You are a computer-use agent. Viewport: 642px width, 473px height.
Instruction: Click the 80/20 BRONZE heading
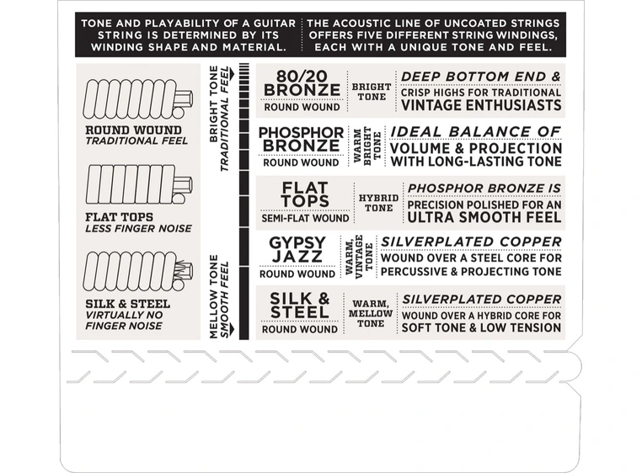[x=302, y=82]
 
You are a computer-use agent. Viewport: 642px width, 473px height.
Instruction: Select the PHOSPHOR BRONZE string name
[x=302, y=139]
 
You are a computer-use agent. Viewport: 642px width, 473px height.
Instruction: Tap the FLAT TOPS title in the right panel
[x=306, y=194]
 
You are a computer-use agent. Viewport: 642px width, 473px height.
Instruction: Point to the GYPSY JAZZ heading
[x=297, y=250]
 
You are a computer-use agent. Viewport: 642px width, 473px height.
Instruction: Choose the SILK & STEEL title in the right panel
[x=300, y=306]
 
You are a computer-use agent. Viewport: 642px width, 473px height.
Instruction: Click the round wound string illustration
[x=137, y=99]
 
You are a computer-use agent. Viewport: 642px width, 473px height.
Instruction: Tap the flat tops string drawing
[x=138, y=185]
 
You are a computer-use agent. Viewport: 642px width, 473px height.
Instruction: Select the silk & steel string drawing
[x=137, y=272]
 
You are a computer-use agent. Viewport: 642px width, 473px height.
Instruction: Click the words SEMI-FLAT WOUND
[x=306, y=218]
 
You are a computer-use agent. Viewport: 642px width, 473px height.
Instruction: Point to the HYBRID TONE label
[x=379, y=203]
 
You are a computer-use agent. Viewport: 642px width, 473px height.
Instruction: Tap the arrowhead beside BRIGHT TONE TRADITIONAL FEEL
[x=233, y=75]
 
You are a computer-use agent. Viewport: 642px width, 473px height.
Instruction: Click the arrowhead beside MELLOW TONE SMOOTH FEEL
[x=233, y=329]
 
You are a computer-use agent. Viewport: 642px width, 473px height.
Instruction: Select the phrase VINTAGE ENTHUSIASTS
[x=481, y=105]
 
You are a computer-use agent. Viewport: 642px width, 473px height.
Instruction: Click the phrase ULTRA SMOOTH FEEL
[x=484, y=217]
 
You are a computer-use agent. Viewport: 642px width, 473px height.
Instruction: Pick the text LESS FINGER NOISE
[x=138, y=228]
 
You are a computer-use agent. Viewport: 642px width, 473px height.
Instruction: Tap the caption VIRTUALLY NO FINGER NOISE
[x=125, y=321]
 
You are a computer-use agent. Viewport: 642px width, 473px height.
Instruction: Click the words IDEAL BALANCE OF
[x=475, y=132]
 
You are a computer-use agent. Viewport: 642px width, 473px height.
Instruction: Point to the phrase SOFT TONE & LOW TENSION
[x=482, y=327]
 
